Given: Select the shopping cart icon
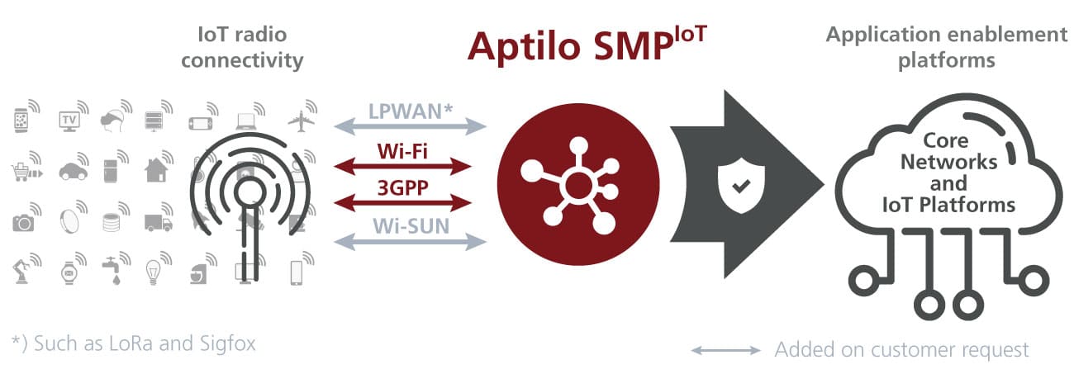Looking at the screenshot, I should point(22,172).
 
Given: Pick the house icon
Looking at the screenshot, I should point(154,170).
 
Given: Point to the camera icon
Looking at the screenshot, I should point(22,222).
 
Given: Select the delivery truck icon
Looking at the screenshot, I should point(157,222).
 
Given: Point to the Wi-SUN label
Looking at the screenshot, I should point(411,224).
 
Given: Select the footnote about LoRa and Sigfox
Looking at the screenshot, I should point(134,342).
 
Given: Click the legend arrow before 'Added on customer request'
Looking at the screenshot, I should point(725,350).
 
